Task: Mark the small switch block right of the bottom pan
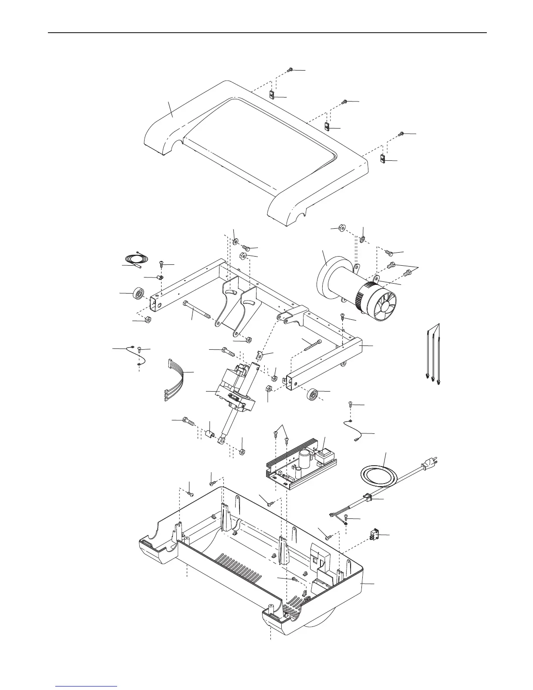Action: click(374, 534)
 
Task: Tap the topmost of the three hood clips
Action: click(271, 95)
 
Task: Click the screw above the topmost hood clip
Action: click(290, 70)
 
